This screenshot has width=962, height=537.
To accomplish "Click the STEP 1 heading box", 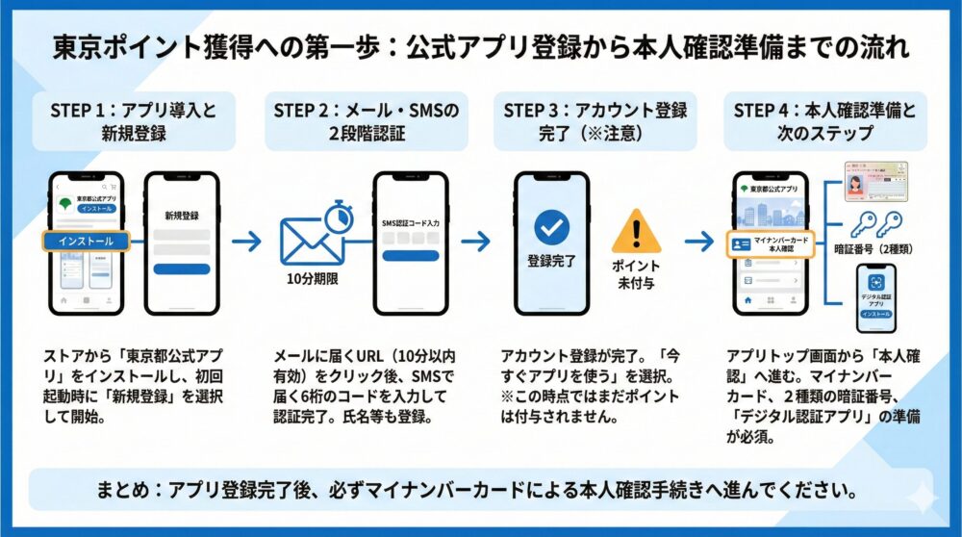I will click(x=133, y=122).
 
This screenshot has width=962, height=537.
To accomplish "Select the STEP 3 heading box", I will click(x=595, y=122).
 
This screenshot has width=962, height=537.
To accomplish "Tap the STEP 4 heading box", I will click(x=824, y=122).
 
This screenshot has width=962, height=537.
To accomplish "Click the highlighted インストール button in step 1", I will click(x=87, y=242).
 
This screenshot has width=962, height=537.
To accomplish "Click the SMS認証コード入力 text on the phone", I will click(x=411, y=223).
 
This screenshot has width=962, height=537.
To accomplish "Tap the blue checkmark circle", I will click(x=551, y=226).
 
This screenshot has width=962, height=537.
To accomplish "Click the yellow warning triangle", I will click(x=637, y=232).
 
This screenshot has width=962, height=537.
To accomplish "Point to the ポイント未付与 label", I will click(x=637, y=274).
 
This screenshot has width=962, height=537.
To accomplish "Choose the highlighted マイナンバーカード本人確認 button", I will click(x=771, y=244).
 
